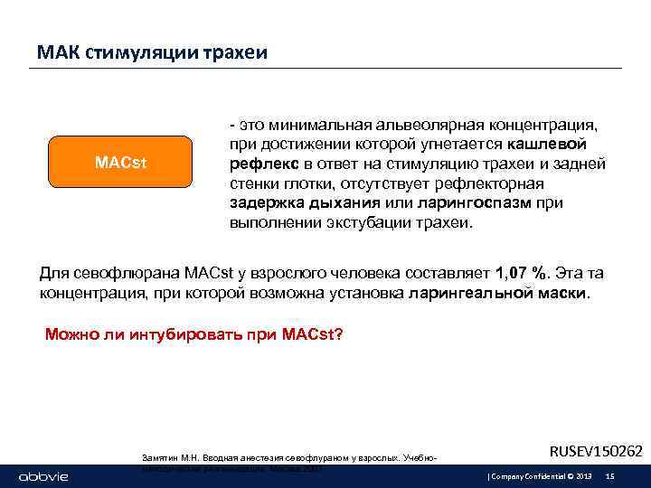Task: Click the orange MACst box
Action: [x=121, y=162]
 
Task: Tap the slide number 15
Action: [x=609, y=475]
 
